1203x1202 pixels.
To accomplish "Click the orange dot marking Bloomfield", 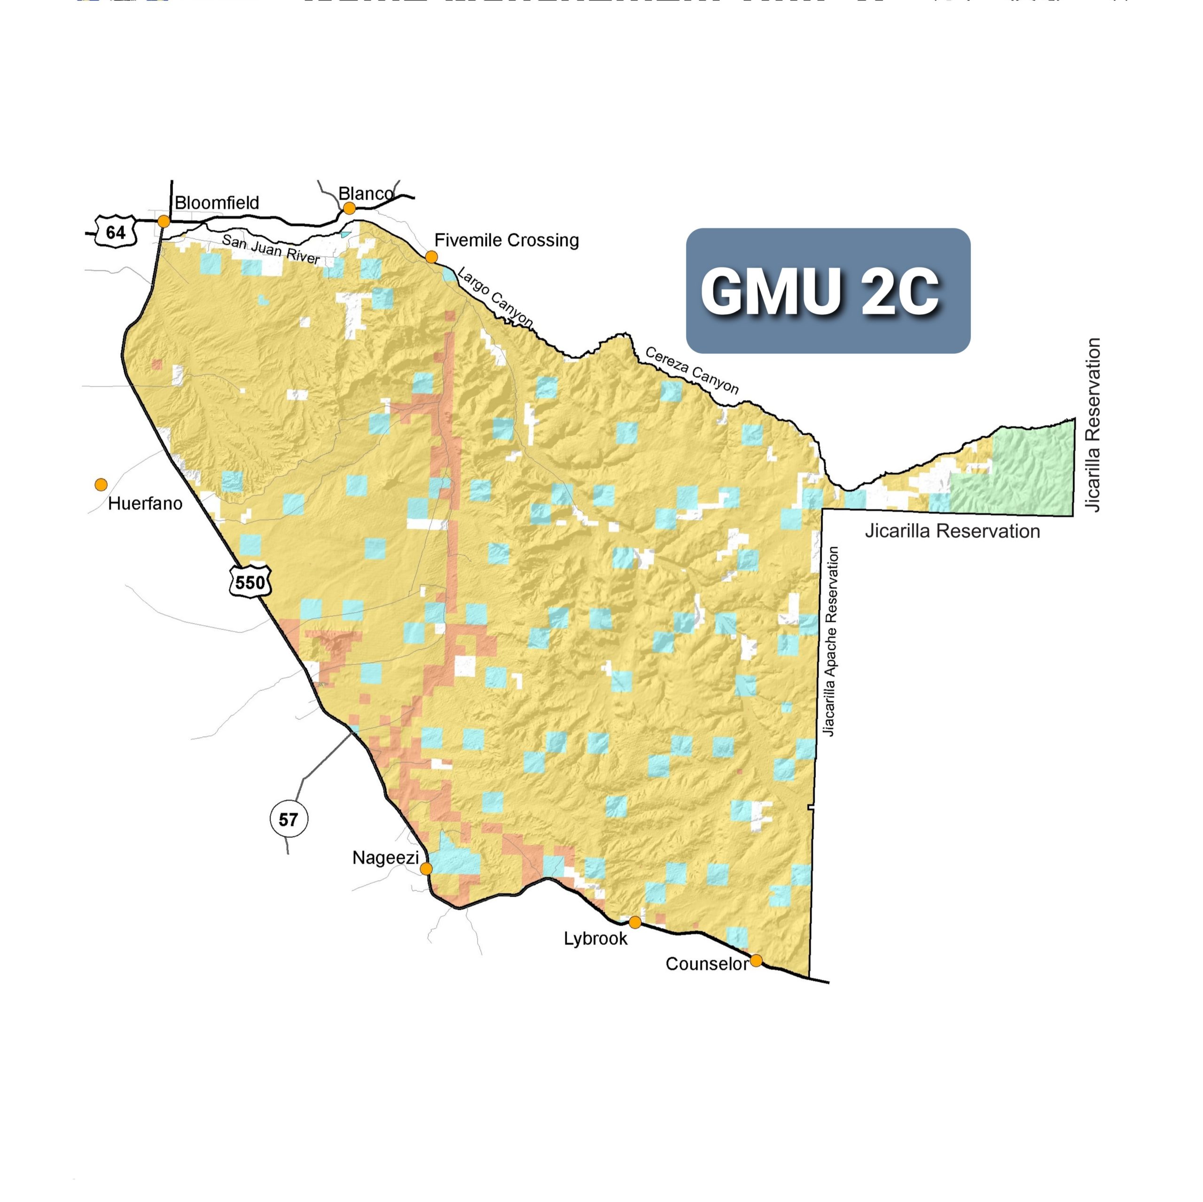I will (x=164, y=221).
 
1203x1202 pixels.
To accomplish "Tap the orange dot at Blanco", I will (x=349, y=208).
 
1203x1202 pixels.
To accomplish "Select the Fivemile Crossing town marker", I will (x=431, y=257).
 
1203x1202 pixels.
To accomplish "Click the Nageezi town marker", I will (x=426, y=868).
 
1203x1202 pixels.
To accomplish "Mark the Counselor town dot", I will (x=756, y=960).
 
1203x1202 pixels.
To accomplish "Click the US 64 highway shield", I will (x=115, y=232).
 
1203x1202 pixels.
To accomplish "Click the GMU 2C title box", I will (x=828, y=291).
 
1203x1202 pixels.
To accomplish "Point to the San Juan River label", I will (x=271, y=249).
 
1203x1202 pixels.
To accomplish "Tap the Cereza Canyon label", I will (x=692, y=370).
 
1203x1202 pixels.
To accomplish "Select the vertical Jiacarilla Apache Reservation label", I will (x=831, y=642).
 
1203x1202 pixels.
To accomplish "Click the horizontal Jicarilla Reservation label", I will (x=952, y=531).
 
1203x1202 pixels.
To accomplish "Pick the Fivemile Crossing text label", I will (x=506, y=240).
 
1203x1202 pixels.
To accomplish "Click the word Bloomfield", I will (x=217, y=203).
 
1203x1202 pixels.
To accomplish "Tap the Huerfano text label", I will (x=145, y=503).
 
